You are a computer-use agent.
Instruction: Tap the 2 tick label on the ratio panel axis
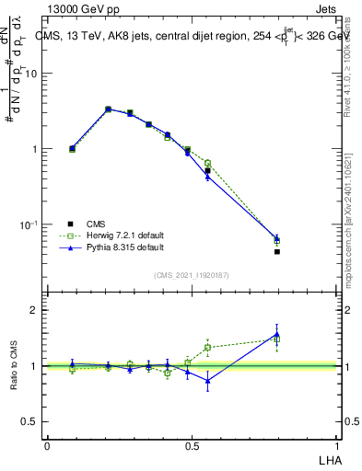35,310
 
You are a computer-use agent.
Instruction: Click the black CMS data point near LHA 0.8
277,251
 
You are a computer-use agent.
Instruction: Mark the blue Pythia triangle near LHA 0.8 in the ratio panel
277,334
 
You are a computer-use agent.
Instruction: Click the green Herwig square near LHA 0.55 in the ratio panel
207,347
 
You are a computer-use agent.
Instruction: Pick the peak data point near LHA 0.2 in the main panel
108,109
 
